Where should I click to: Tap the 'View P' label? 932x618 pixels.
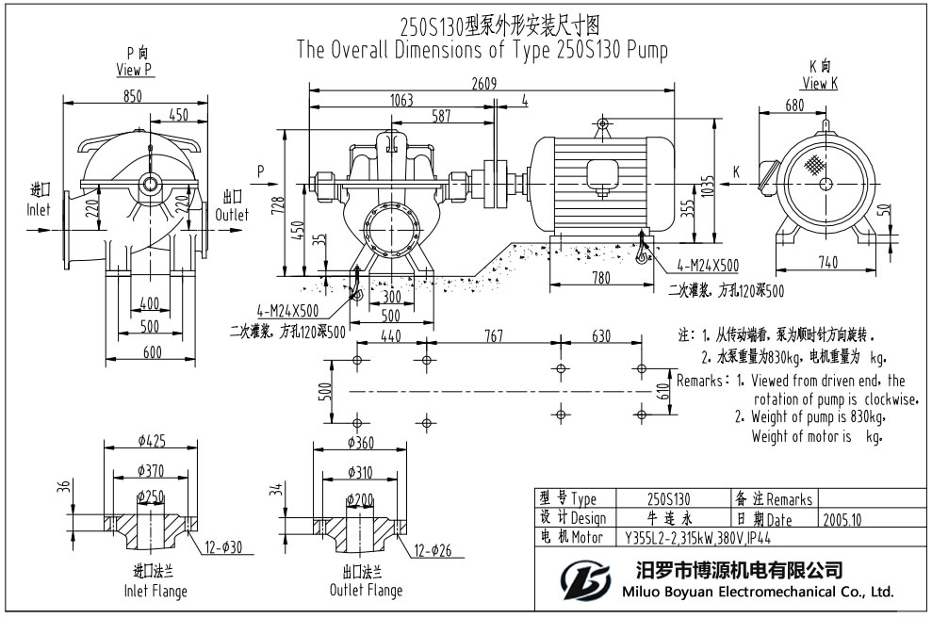pyautogui.click(x=135, y=70)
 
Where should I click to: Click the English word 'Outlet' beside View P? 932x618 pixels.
pyautogui.click(x=232, y=215)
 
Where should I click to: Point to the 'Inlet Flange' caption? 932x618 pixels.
pyautogui.click(x=156, y=592)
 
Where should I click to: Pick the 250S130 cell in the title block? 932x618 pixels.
pyautogui.click(x=669, y=498)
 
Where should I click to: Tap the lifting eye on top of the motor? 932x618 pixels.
pyautogui.click(x=603, y=122)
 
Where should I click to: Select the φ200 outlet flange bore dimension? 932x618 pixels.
pyautogui.click(x=360, y=497)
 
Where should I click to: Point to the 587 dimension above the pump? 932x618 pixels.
pyautogui.click(x=440, y=116)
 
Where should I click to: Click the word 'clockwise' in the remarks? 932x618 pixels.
pyautogui.click(x=890, y=398)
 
